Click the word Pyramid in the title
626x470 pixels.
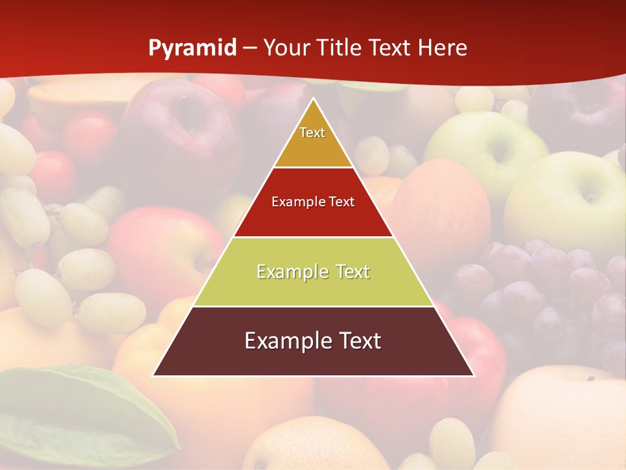192,48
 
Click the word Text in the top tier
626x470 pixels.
312,133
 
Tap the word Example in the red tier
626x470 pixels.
292,202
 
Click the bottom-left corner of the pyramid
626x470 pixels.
154,375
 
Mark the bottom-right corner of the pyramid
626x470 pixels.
473,375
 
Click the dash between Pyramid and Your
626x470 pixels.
250,48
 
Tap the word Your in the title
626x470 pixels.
285,48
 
